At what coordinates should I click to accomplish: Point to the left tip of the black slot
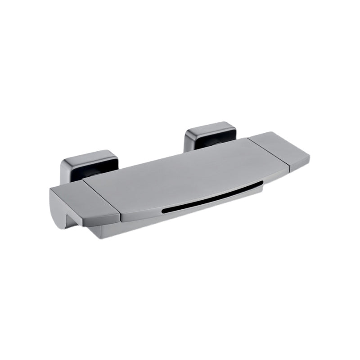click(163, 210)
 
